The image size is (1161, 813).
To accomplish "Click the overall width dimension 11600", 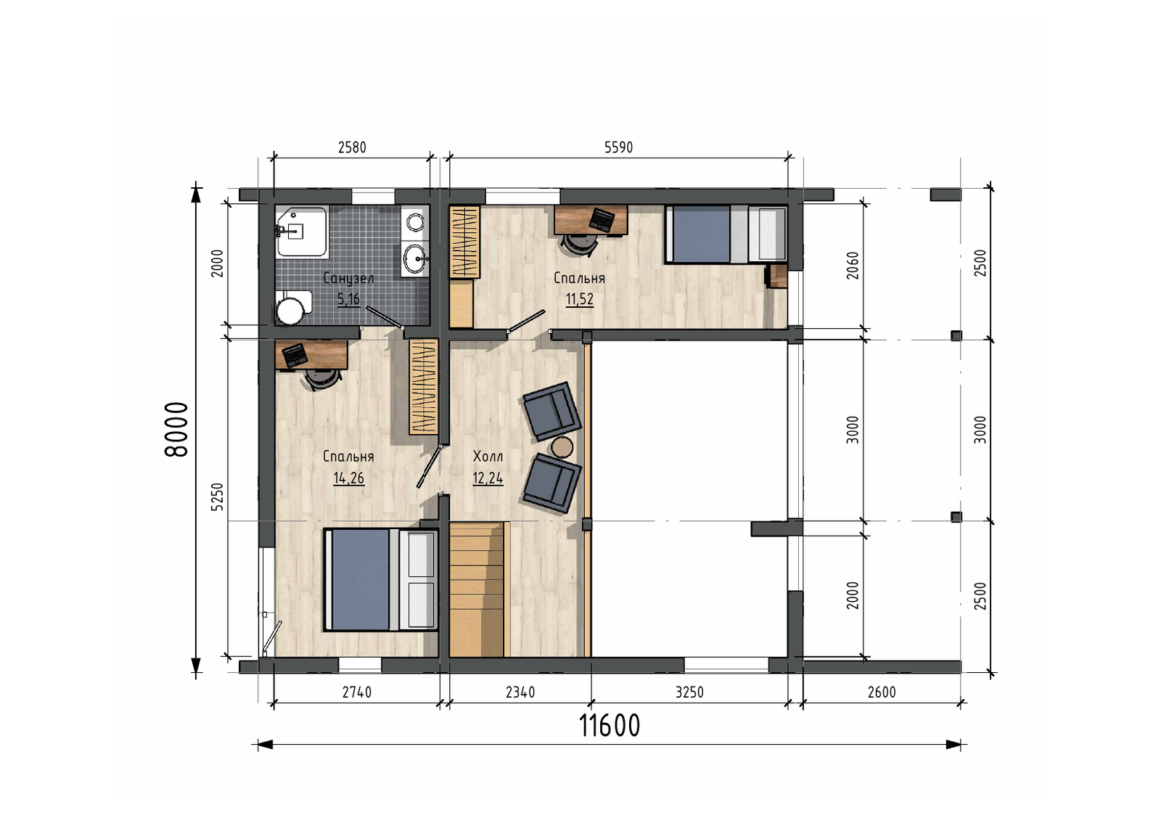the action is (609, 725).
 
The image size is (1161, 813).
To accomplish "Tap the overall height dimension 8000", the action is (176, 429).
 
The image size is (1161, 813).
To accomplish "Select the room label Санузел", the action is (348, 279).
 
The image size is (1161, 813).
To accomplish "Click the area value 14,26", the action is (348, 478).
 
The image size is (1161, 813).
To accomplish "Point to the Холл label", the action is (488, 457).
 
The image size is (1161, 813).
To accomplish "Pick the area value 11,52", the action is (580, 300).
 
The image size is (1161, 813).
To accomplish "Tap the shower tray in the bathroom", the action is (302, 232).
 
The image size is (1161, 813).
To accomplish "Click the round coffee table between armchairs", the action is (562, 447).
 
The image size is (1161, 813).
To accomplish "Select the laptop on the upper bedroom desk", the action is (602, 220).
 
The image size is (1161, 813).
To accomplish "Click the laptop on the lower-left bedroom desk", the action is (295, 355).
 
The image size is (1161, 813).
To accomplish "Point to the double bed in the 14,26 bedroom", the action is (380, 579).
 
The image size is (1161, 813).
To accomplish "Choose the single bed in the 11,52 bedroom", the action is (726, 234).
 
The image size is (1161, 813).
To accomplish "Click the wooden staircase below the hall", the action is (477, 589).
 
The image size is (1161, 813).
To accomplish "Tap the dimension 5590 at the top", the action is (618, 148).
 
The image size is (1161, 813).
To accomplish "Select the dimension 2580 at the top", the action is (352, 148).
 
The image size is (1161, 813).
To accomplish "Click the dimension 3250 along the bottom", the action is (689, 693).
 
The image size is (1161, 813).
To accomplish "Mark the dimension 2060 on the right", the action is (853, 266).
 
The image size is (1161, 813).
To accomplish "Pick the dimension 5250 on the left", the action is (218, 497).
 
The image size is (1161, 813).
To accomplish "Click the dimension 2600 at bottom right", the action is (882, 693).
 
